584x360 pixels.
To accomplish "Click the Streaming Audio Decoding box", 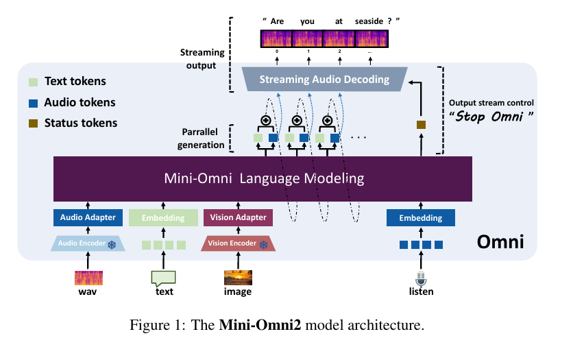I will point(325,80).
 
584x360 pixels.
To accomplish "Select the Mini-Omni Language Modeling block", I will point(263,179).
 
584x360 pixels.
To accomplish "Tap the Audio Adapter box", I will point(87,218).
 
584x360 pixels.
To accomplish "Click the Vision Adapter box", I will point(238,218).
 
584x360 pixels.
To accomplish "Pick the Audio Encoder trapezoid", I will point(87,243).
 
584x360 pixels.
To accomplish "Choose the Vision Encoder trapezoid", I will point(238,243).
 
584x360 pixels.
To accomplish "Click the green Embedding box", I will point(163,218).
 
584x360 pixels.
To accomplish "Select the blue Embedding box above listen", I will point(421,218).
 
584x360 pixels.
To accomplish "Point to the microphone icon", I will point(421,278).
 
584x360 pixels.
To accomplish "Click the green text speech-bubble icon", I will point(163,278).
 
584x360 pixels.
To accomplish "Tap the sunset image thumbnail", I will point(238,278).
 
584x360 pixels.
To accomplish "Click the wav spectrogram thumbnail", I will point(87,278).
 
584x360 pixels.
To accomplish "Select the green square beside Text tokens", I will point(32,82).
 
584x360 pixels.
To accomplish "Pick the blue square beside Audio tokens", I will point(32,103).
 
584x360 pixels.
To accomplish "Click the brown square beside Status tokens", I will point(32,123).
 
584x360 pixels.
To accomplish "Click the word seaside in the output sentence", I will point(370,21).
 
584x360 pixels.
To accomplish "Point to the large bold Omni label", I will point(501,242).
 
